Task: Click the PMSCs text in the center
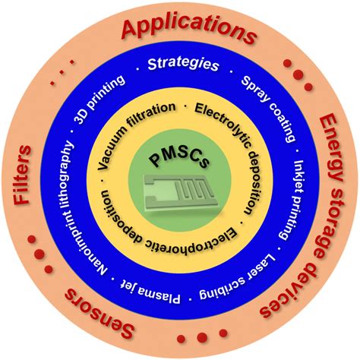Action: (179, 159)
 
